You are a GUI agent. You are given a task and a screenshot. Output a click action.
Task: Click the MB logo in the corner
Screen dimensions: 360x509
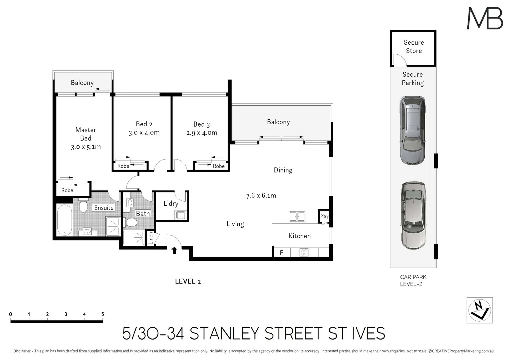[485, 18]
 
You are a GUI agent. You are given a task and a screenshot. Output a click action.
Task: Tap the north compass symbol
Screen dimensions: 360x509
[479, 310]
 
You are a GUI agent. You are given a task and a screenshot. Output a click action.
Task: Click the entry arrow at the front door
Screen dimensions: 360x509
[174, 250]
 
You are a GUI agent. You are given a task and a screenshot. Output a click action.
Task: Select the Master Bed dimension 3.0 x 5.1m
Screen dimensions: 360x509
[86, 147]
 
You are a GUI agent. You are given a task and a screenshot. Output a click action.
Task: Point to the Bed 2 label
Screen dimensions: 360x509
[144, 124]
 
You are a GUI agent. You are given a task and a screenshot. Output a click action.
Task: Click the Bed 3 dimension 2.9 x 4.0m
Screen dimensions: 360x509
[202, 133]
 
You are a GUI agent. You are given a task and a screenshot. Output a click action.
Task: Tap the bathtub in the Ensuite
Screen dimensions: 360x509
[64, 220]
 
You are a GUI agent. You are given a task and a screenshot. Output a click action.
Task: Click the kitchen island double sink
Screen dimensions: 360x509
[297, 217]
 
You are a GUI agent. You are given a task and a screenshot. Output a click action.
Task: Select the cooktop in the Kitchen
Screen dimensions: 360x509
[304, 252]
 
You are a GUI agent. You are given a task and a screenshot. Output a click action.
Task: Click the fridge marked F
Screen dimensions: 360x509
[281, 253]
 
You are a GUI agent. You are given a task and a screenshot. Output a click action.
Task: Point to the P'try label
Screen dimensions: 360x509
[324, 216]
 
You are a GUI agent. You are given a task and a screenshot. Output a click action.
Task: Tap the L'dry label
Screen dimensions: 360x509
[171, 203]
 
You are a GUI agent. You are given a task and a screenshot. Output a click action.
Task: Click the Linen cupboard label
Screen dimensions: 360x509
[150, 238]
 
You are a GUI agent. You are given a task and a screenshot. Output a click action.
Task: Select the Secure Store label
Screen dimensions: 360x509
[414, 47]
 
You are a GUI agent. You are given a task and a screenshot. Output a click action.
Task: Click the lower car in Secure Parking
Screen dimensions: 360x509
[413, 215]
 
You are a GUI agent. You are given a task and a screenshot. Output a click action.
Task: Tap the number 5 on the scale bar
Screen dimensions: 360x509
[103, 314]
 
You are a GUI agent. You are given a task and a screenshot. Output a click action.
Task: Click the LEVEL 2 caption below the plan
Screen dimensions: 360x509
[188, 281]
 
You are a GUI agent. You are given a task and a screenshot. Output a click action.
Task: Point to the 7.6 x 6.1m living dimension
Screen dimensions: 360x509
[261, 196]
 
